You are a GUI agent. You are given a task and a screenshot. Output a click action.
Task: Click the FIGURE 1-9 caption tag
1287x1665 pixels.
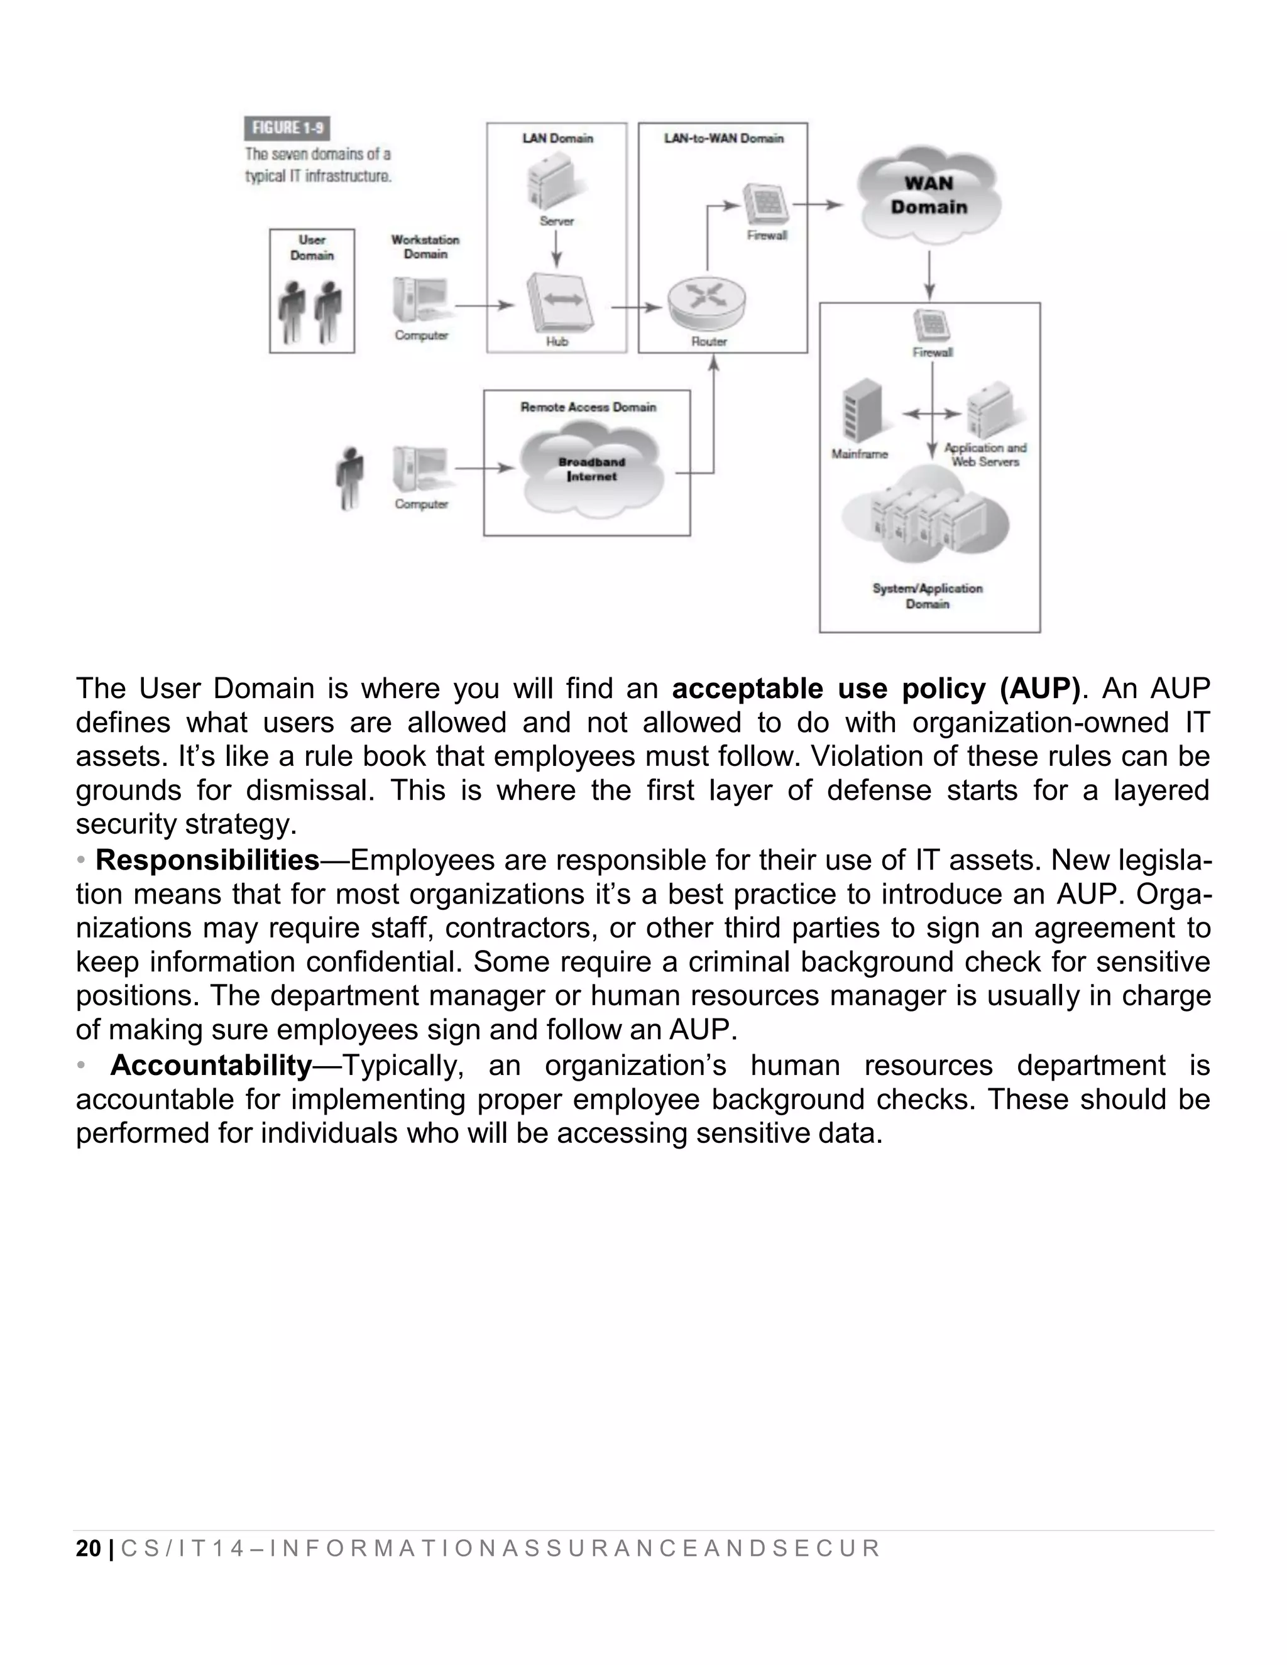287,128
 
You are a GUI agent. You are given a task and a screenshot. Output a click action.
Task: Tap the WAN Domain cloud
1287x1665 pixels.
928,195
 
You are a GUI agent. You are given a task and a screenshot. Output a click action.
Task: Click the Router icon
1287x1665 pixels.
707,302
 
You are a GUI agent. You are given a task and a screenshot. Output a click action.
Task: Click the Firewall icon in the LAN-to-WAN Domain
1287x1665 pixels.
765,204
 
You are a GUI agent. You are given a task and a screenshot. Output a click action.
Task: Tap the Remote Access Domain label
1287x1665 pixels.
588,407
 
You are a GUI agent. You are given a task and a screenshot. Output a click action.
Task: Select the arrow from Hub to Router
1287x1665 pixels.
636,307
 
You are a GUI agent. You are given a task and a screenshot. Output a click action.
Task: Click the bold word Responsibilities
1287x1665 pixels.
207,860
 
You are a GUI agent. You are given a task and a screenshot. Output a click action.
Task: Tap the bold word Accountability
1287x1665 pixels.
211,1065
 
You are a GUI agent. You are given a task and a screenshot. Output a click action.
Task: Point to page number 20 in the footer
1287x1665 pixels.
89,1548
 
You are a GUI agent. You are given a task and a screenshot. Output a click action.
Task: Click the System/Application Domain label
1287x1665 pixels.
927,596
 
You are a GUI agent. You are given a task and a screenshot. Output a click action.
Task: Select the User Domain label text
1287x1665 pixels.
312,248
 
